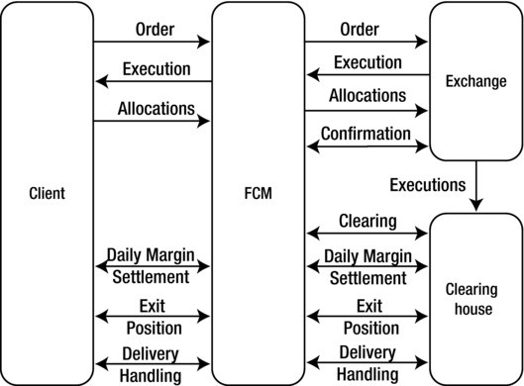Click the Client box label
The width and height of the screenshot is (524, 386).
(x=47, y=193)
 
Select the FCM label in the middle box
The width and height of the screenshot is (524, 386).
(x=258, y=193)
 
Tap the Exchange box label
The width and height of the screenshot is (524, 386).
(x=475, y=81)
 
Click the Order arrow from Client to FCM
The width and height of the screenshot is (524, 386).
(x=152, y=43)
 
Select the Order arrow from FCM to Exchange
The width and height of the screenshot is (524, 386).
(x=367, y=43)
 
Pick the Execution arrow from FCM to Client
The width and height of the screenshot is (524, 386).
(x=152, y=82)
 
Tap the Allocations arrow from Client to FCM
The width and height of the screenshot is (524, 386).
(x=152, y=122)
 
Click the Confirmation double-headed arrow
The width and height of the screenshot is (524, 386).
(x=367, y=146)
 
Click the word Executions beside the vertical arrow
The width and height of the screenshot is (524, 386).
(x=427, y=184)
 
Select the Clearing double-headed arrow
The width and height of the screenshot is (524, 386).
(x=367, y=234)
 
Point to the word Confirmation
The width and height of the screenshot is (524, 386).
(x=367, y=134)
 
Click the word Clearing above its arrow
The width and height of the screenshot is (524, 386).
(x=367, y=220)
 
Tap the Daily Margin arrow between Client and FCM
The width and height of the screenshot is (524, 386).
(x=152, y=266)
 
